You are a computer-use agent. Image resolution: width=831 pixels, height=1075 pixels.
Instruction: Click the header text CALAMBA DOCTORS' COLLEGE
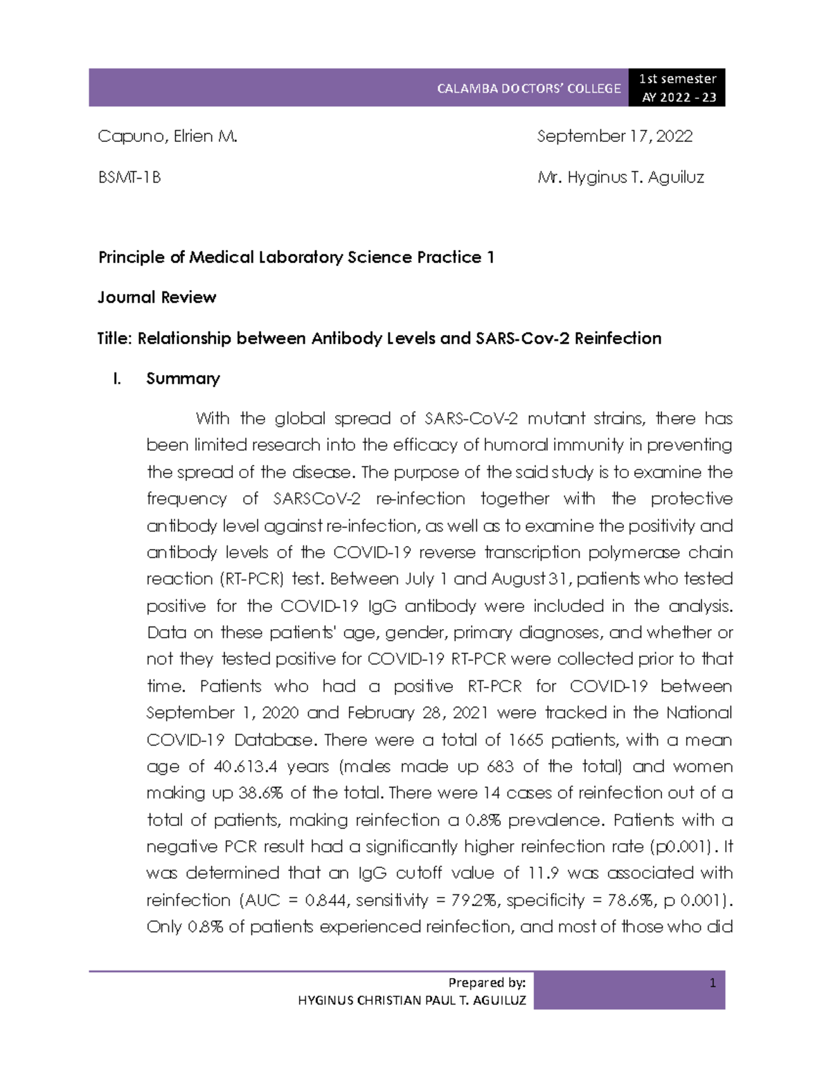(x=528, y=89)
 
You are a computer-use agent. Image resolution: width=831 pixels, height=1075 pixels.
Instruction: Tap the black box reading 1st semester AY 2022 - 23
(x=678, y=88)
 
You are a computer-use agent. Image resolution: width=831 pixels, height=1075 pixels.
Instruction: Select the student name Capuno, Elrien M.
(x=167, y=136)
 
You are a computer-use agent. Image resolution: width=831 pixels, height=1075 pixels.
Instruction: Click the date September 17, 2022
(x=614, y=136)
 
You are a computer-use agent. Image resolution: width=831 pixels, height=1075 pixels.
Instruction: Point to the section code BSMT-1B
(x=129, y=177)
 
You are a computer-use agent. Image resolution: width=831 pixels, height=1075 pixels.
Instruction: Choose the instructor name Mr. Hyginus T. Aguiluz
(x=620, y=177)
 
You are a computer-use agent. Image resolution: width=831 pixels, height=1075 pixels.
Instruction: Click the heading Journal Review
(x=157, y=298)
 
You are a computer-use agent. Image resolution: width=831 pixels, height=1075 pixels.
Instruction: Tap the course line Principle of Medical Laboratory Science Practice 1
(x=296, y=258)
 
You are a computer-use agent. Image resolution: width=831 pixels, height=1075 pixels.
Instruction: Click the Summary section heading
(x=183, y=379)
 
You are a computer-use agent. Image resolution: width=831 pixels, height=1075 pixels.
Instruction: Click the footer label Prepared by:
(x=487, y=982)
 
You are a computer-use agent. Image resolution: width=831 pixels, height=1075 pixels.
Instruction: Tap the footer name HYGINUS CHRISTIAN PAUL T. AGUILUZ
(x=411, y=1000)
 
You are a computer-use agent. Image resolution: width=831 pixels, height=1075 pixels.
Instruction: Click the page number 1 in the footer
(x=713, y=982)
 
